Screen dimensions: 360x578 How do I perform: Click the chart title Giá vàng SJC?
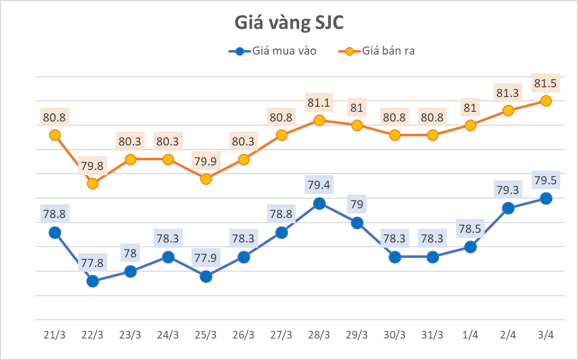[289, 23]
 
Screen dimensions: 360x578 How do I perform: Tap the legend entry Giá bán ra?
[386, 51]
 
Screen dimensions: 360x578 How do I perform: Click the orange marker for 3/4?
[546, 101]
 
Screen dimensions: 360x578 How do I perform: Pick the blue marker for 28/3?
[319, 203]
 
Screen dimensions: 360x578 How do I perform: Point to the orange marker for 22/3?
[92, 183]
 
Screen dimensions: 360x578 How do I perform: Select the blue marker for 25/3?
[206, 276]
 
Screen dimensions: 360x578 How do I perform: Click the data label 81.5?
[545, 82]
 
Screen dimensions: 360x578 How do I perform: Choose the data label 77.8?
[92, 263]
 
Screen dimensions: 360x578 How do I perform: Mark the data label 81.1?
[319, 103]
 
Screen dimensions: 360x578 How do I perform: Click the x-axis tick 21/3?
[55, 335]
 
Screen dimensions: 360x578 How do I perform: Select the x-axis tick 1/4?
[470, 335]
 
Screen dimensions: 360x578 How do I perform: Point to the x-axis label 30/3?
[395, 335]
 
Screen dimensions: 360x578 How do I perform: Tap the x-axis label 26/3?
[244, 335]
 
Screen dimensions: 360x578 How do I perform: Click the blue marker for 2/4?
[508, 208]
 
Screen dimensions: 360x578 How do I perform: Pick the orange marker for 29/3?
[357, 125]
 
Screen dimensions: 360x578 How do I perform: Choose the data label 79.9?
[206, 161]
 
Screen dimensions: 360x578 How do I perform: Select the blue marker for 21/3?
[55, 232]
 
